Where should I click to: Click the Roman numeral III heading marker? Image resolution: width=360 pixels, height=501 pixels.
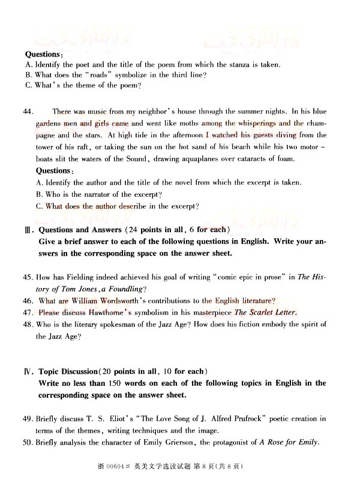28,230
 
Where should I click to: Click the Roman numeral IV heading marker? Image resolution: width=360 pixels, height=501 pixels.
28,371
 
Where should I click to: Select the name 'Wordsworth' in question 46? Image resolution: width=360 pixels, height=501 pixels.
130,301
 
